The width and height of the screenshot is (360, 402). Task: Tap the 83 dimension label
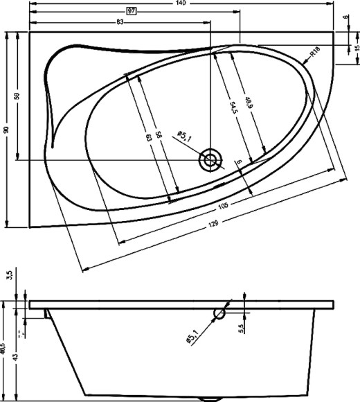coord(120,22)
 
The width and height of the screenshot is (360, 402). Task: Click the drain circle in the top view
coord(209,161)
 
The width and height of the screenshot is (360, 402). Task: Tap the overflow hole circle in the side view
coord(220,313)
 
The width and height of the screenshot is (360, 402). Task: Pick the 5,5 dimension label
coord(242,329)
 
